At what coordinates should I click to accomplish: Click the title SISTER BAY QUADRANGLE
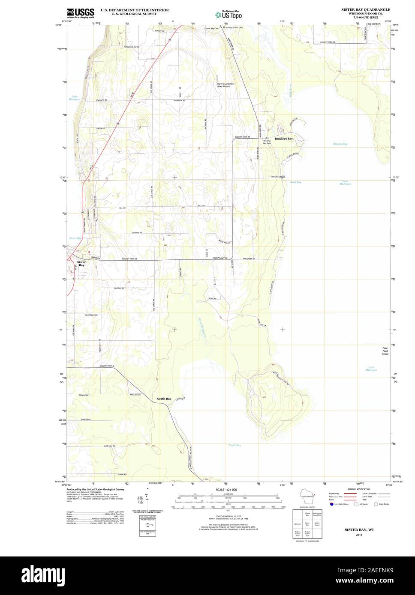[365, 9]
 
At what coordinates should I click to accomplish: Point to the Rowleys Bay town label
[284, 139]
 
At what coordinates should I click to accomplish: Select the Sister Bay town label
[81, 264]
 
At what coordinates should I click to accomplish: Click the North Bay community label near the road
[164, 399]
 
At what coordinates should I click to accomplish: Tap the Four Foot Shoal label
[385, 351]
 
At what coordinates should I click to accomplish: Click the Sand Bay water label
[295, 182]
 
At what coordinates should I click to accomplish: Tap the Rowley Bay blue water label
[340, 144]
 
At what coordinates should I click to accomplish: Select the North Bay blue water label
[235, 445]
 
